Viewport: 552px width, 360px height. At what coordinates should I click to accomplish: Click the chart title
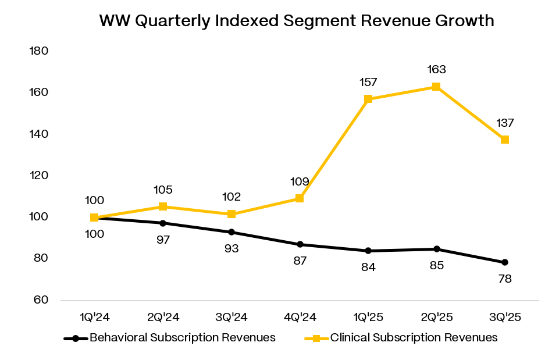coord(297,21)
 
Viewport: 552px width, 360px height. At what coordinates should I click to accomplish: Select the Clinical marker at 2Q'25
coord(436,87)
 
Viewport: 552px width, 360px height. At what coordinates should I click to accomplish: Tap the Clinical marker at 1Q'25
coord(368,99)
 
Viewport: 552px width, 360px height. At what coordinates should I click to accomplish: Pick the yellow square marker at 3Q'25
coord(505,140)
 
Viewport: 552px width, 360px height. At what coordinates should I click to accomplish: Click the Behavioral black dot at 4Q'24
coord(300,244)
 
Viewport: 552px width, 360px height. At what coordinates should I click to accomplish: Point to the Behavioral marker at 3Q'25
coord(505,262)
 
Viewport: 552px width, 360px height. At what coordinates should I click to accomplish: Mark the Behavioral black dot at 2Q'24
coord(163,223)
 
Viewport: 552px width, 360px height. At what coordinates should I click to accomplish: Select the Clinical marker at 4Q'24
coord(300,198)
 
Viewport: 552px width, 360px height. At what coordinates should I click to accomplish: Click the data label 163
coord(436,70)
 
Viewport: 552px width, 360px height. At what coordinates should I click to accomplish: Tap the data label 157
coord(368,82)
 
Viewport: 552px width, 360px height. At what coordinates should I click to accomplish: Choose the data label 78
coord(505,279)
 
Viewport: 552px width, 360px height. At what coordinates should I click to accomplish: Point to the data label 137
coord(505,123)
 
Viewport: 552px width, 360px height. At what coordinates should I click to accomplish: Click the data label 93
coord(232,248)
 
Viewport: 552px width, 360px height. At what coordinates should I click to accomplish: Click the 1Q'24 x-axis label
coord(95,318)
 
